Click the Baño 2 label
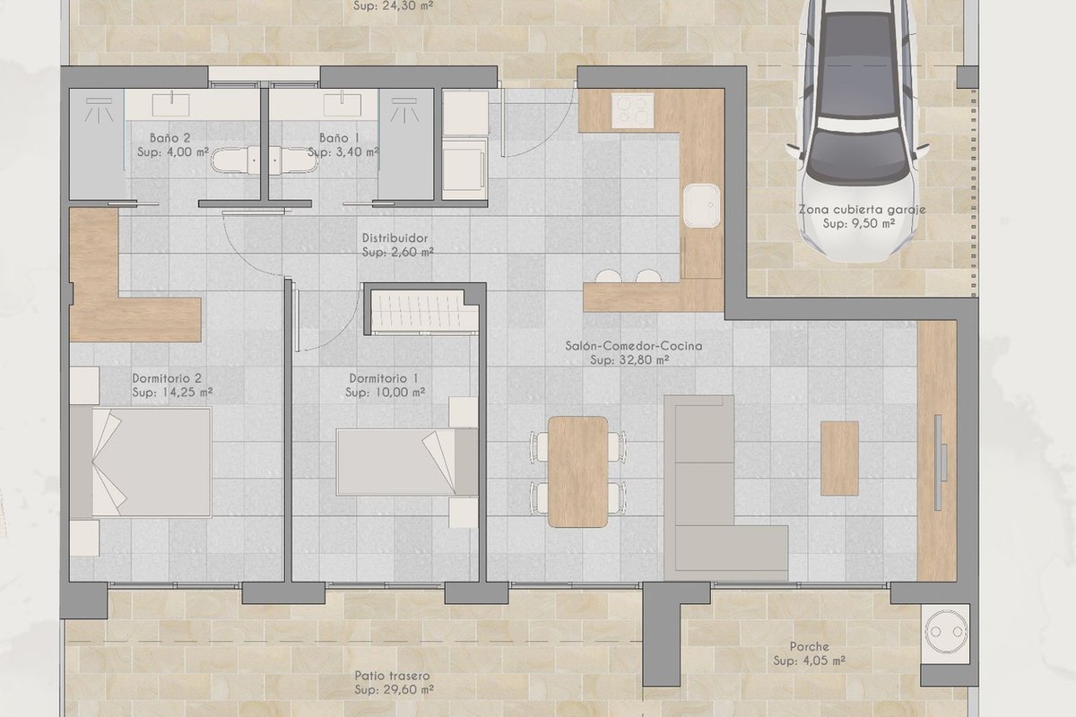click(170, 138)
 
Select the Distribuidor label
click(395, 238)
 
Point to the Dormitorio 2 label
click(167, 378)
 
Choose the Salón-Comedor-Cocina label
click(634, 346)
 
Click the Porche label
click(810, 646)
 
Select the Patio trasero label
click(392, 676)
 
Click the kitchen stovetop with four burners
click(633, 111)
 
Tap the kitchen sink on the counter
click(702, 205)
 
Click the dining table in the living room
click(577, 471)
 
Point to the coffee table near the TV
click(839, 458)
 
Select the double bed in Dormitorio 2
click(141, 462)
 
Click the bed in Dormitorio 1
click(407, 462)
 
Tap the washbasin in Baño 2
click(170, 104)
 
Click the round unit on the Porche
click(945, 632)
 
